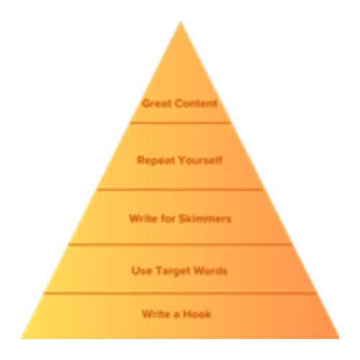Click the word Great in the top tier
click(x=158, y=104)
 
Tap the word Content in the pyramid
click(x=197, y=104)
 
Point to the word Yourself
click(x=201, y=161)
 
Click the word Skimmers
click(x=205, y=219)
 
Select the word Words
click(x=210, y=271)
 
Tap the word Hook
click(x=197, y=314)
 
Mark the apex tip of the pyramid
click(x=181, y=22)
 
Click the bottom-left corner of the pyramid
click(x=21, y=338)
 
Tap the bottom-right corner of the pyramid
click(x=339, y=338)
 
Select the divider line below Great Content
click(x=180, y=123)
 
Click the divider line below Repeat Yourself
click(x=181, y=190)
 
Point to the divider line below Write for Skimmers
click(x=181, y=245)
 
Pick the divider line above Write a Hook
click(x=180, y=293)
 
